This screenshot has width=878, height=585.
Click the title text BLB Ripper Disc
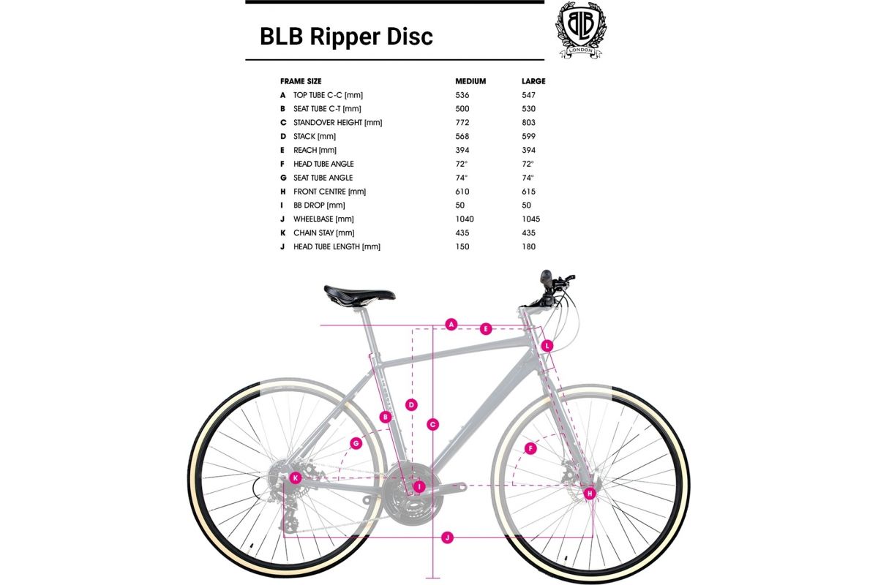(346, 37)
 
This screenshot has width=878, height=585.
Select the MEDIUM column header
(470, 81)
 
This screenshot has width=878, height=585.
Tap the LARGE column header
(533, 81)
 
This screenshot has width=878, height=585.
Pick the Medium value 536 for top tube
(462, 95)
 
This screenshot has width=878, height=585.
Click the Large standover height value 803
(528, 123)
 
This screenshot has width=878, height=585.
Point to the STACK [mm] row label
(314, 137)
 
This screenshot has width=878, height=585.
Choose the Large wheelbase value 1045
(531, 219)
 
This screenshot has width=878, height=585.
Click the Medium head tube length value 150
(462, 247)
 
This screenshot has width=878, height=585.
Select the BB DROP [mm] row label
(318, 205)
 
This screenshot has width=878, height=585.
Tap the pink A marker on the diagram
(451, 324)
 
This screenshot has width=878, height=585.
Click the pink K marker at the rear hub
(296, 478)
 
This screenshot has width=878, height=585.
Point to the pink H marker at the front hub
(589, 494)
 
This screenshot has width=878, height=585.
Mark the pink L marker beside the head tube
(547, 345)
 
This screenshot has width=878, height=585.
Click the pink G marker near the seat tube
(356, 443)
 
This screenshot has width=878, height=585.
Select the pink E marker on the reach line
(485, 329)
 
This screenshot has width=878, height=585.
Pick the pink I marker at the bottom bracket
(419, 486)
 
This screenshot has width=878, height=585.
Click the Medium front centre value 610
(462, 192)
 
